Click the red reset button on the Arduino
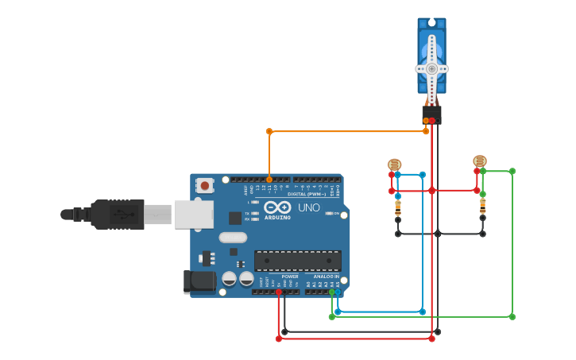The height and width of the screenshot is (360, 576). point(205,186)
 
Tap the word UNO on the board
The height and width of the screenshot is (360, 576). point(308,208)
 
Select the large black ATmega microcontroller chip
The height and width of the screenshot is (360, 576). point(297,260)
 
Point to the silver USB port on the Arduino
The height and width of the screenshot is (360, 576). point(193,215)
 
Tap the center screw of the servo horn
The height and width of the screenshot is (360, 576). point(431,68)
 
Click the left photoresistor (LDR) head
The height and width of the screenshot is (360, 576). point(395,165)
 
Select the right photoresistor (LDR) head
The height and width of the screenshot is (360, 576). point(480,161)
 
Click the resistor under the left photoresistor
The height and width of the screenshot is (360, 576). point(398,208)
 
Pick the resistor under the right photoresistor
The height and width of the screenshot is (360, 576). point(482,207)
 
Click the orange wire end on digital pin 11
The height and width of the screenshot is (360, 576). point(269,180)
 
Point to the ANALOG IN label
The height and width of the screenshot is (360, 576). point(327,277)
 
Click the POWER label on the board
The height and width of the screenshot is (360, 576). point(290,277)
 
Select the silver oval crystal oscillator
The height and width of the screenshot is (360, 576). point(233,237)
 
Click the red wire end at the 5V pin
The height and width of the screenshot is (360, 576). point(278,292)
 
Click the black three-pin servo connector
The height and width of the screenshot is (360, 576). point(431,115)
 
